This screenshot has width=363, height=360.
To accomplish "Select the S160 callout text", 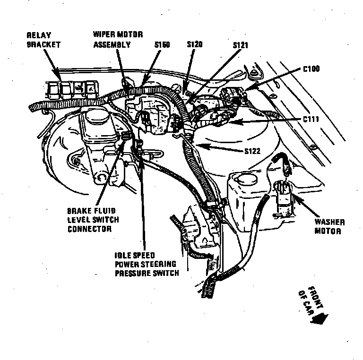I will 162,45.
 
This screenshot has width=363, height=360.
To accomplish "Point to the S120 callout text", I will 194,44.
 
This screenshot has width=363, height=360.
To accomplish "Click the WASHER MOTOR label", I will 329,227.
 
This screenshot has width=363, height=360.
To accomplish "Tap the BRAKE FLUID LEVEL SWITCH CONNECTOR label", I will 93,220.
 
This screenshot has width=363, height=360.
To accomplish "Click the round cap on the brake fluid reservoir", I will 95,115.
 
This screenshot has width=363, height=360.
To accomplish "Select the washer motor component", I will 283,194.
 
